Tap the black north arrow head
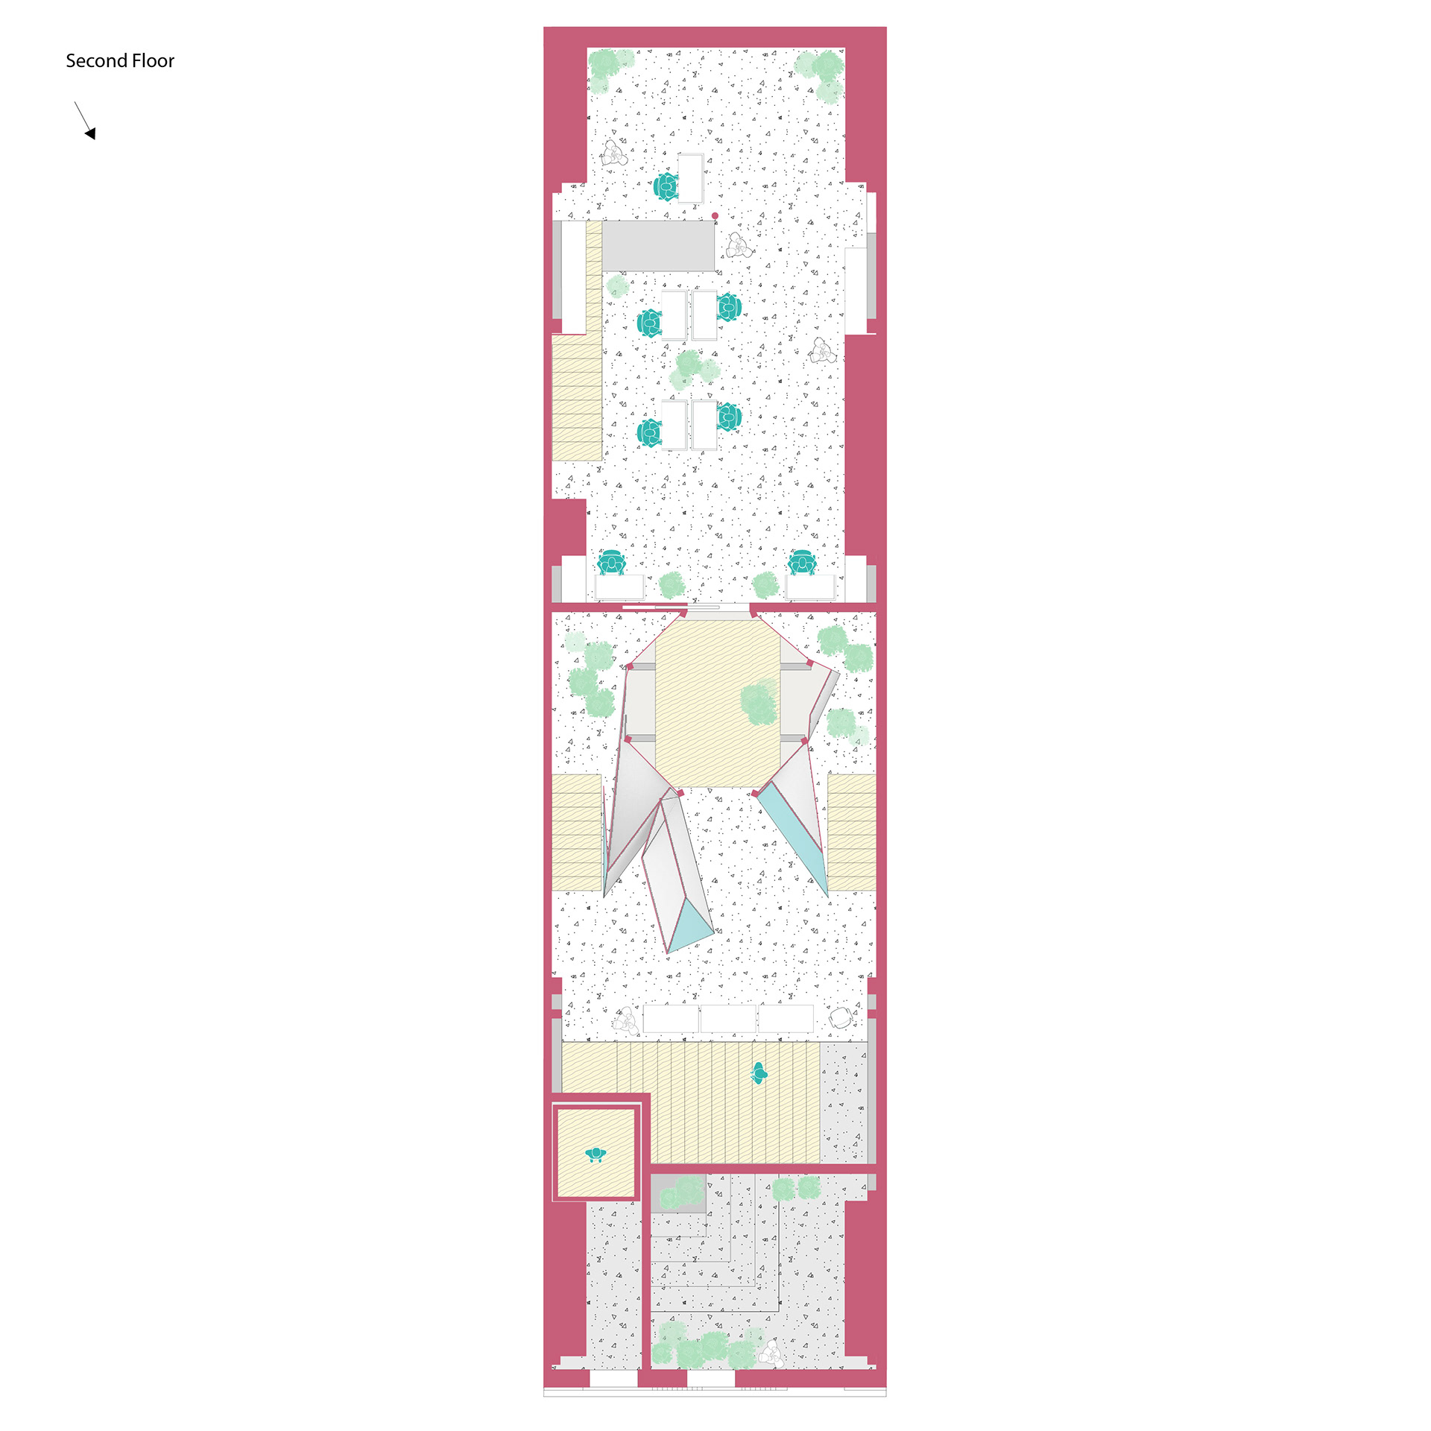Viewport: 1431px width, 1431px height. click(91, 133)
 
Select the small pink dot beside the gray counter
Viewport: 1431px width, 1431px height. click(715, 216)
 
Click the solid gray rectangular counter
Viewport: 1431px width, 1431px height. click(658, 245)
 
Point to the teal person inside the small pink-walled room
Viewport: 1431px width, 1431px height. click(596, 1154)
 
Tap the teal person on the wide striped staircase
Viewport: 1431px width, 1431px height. click(759, 1073)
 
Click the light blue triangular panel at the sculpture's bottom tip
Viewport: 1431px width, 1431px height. click(689, 926)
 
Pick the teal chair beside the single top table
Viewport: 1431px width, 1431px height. click(666, 186)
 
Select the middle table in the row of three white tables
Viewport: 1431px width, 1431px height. click(728, 1019)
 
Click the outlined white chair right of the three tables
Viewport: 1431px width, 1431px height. click(842, 1017)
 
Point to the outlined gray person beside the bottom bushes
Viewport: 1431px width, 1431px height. click(771, 1353)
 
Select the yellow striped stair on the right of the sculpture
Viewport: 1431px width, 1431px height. click(852, 833)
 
